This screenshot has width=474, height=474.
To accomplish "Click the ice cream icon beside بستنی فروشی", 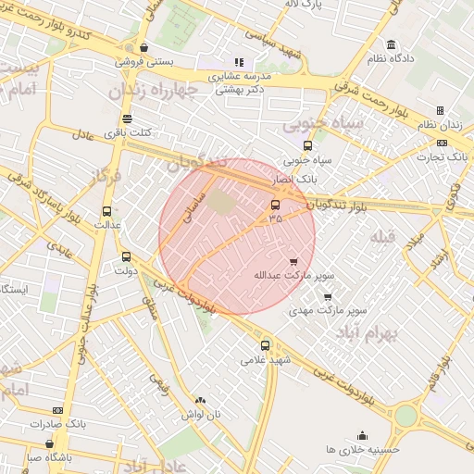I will [x=143, y=48].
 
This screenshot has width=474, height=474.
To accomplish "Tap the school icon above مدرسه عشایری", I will [x=239, y=63].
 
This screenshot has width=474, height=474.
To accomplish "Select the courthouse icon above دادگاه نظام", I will [x=392, y=45].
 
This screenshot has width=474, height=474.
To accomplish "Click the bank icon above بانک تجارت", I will [x=442, y=143].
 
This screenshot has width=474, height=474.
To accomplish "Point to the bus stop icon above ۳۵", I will [x=275, y=206].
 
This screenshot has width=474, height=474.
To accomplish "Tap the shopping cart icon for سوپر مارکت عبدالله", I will [x=294, y=262].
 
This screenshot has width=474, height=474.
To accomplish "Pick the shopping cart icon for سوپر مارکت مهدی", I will [x=327, y=297].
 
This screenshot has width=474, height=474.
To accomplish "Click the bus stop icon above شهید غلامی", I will [x=266, y=345].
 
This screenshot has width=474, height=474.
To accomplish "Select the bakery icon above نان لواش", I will [x=200, y=400].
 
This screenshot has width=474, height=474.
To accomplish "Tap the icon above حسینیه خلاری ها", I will [x=362, y=435].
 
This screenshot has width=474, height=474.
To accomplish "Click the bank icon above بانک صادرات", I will [x=57, y=410].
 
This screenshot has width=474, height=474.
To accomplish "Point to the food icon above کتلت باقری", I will [x=127, y=118].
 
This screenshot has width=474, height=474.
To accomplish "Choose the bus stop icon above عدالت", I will [x=106, y=211].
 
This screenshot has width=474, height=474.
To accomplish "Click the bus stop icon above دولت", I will [x=126, y=257].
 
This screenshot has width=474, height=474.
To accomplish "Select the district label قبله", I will [x=383, y=237].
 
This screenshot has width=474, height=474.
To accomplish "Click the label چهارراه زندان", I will [x=154, y=91].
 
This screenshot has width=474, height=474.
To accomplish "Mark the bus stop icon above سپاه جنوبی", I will [x=307, y=145].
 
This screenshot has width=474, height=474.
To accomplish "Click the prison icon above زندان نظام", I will [x=440, y=111].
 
